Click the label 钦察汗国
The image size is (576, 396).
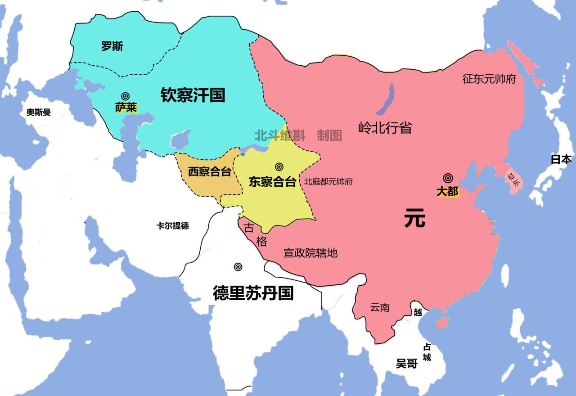click(x=193, y=95)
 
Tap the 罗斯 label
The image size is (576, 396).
click(x=112, y=46)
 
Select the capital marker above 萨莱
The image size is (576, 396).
click(x=125, y=96)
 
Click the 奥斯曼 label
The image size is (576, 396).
click(x=39, y=112)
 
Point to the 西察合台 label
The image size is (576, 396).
click(x=209, y=171)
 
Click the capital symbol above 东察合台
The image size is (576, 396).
click(x=279, y=167)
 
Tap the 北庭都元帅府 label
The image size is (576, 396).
click(x=328, y=182)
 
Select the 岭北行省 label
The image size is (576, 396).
click(x=385, y=128)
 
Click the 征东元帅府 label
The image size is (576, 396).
click(x=489, y=79)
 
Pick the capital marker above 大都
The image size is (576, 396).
click(x=447, y=178)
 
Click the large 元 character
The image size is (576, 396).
click(x=414, y=219)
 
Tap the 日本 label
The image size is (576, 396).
click(x=561, y=159)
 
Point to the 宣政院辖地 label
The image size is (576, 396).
click(x=310, y=253)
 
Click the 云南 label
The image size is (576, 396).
click(x=380, y=308)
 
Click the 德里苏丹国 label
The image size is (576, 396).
click(x=253, y=293)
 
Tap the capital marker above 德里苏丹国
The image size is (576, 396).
click(x=238, y=267)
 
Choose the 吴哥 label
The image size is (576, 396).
click(x=407, y=364)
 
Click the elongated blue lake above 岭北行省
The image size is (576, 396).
click(x=386, y=99)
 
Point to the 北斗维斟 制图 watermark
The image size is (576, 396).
click(x=298, y=135)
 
